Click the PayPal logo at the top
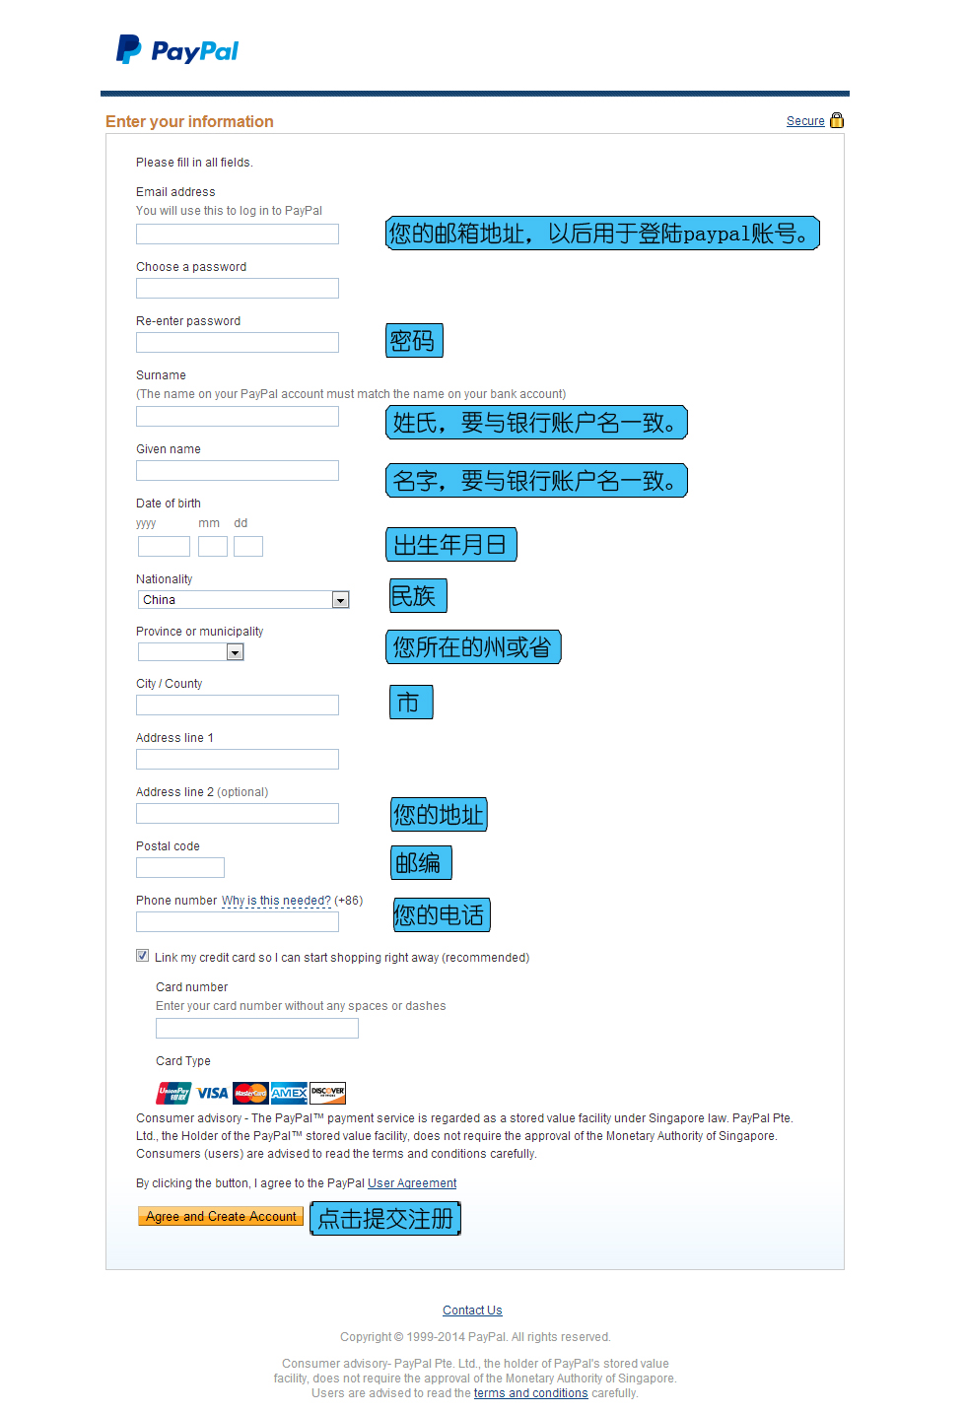[177, 50]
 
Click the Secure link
[805, 121]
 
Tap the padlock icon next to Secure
[837, 120]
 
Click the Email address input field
[238, 235]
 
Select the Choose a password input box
[238, 289]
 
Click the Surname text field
[238, 417]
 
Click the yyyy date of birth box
[164, 547]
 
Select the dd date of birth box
[248, 547]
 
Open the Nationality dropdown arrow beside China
[340, 600]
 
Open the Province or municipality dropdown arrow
[235, 652]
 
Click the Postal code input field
[180, 868]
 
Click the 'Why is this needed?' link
[276, 901]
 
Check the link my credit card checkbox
[143, 956]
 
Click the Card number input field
[257, 1029]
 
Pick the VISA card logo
[212, 1093]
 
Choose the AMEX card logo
[289, 1093]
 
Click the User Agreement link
[412, 1183]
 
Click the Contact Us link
[472, 1311]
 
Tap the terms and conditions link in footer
[530, 1393]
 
